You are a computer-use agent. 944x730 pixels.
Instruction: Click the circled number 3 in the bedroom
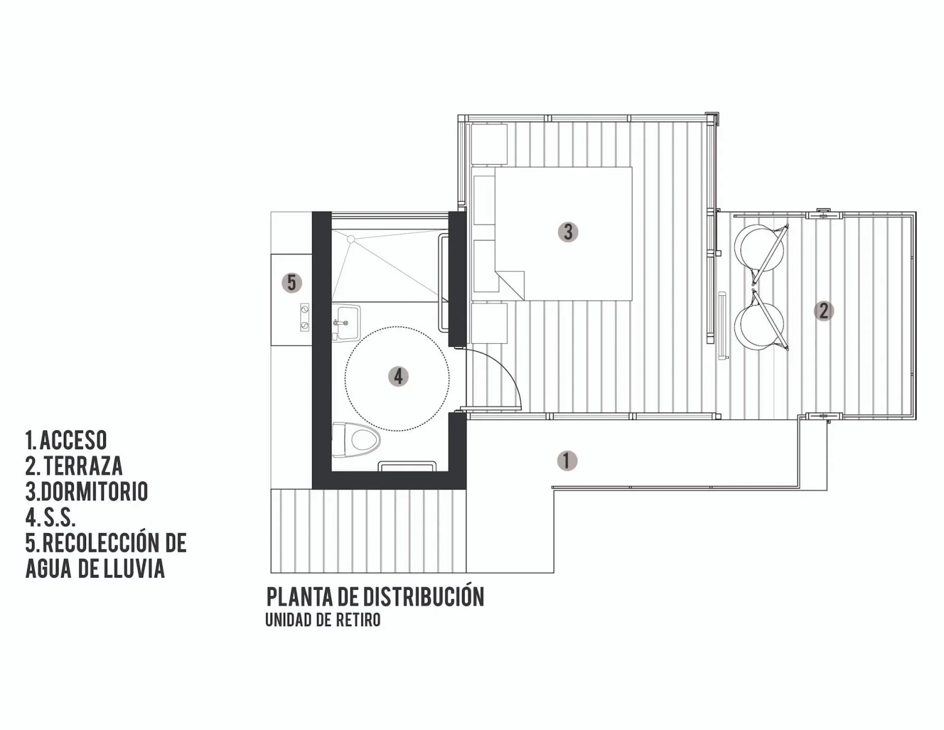pos(568,232)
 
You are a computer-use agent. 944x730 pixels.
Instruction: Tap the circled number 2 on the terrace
pos(824,311)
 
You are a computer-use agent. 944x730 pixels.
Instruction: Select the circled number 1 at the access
pos(567,461)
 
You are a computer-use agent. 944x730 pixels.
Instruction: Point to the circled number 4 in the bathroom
pos(398,376)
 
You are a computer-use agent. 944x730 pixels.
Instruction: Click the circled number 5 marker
pos(291,283)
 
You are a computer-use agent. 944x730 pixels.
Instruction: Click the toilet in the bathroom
pos(355,440)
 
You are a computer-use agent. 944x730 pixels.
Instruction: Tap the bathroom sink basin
pos(347,323)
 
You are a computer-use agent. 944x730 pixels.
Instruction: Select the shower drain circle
pos(350,239)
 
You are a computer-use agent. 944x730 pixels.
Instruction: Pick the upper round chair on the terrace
pos(759,248)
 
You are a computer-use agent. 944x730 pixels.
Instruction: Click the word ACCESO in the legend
pos(73,440)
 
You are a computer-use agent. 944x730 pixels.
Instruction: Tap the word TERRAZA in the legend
pos(83,466)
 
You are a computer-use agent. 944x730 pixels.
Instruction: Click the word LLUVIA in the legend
pos(135,568)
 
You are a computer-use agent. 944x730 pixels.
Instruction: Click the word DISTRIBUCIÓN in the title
pos(423,598)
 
